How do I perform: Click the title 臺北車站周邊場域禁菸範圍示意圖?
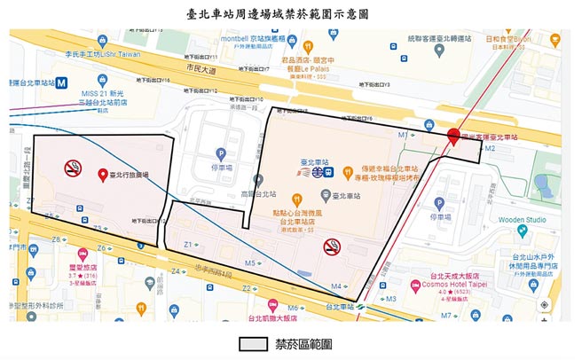click(291, 14)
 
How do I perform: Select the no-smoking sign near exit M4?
click(332, 246)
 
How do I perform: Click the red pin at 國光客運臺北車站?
click(452, 137)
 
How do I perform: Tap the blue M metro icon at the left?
click(60, 81)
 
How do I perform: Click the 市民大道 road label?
click(202, 67)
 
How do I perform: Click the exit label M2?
click(490, 148)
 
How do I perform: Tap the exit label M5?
click(250, 263)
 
